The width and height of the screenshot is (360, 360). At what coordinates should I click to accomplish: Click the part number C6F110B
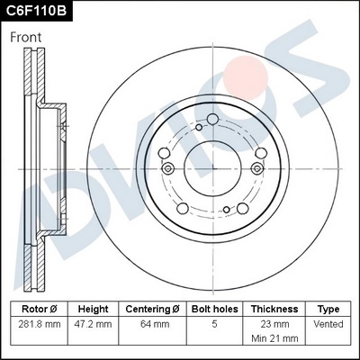coord(36,11)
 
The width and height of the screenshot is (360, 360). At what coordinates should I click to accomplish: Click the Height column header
coord(93,309)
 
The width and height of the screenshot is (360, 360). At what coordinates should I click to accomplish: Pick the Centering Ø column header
coord(153,309)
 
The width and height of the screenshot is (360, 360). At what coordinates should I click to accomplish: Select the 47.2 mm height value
coord(93,324)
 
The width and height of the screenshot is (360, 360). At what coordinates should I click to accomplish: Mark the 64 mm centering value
coord(153,324)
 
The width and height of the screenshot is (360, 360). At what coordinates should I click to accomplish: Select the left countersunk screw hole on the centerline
coord(167,169)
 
